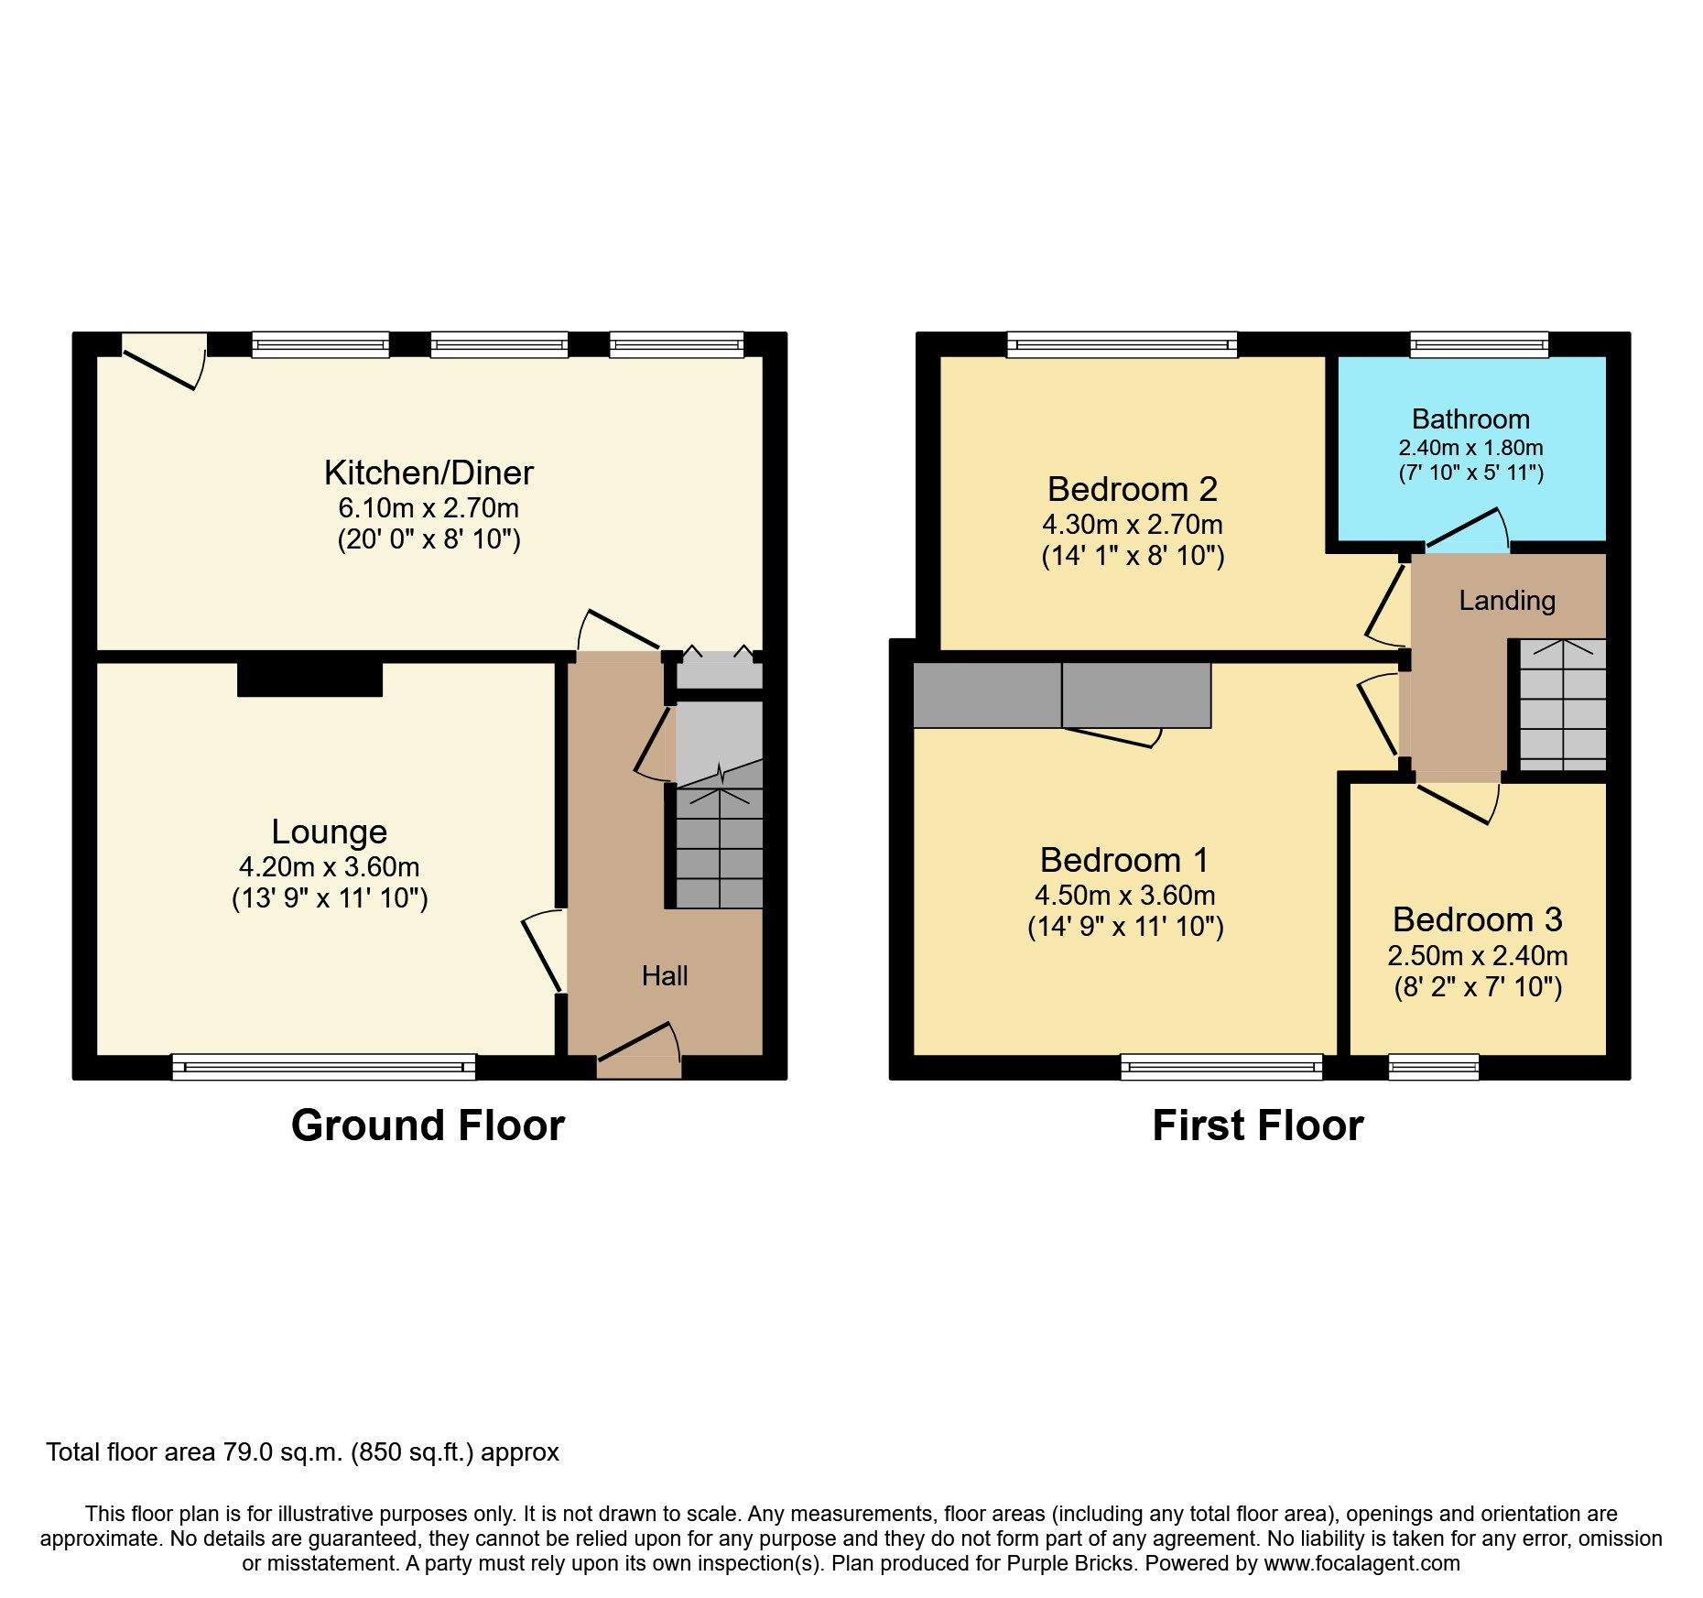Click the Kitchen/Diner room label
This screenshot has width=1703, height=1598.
tap(428, 473)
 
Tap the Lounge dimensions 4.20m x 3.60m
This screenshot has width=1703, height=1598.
tap(329, 866)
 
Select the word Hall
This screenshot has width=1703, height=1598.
tap(665, 976)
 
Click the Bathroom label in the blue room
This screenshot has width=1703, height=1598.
tap(1470, 419)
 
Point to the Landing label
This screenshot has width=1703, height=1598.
tap(1507, 601)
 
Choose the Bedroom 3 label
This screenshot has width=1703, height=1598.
tap(1477, 919)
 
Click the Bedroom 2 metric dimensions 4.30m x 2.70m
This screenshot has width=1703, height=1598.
tap(1132, 525)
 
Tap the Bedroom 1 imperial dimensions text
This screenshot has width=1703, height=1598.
tap(1125, 927)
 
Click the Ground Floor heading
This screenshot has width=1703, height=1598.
tap(428, 1125)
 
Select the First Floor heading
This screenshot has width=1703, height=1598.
tap(1257, 1125)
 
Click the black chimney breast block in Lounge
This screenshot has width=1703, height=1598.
tap(309, 679)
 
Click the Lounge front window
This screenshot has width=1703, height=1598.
tap(324, 1067)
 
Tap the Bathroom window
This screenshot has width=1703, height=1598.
tap(1479, 345)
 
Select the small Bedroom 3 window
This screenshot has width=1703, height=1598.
tap(1434, 1067)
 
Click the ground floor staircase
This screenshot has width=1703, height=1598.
tap(719, 847)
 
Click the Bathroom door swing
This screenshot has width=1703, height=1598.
tap(1466, 531)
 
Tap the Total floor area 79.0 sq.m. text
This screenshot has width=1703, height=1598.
tap(302, 1452)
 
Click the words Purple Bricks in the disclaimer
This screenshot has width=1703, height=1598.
tap(1068, 1563)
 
